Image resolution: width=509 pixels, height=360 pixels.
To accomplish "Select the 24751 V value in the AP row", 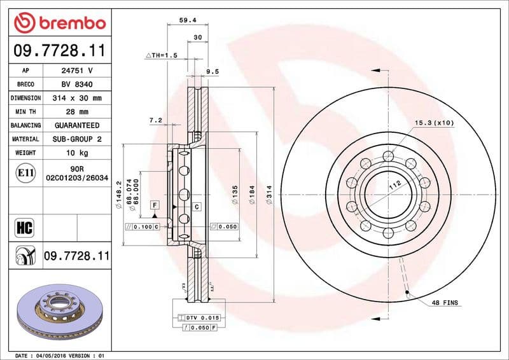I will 76,71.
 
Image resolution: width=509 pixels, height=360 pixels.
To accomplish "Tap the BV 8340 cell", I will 76,85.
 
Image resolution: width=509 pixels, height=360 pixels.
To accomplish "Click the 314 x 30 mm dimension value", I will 76,99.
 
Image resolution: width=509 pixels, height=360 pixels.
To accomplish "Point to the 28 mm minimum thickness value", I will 76,112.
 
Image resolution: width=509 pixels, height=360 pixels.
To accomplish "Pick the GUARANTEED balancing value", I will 76,126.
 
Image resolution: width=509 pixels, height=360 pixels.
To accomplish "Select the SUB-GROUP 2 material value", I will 76,139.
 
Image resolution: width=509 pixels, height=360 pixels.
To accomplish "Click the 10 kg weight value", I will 76,153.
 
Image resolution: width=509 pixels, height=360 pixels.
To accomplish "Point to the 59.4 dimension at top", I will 187,20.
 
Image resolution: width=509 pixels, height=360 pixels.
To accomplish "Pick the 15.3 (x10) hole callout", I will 434,123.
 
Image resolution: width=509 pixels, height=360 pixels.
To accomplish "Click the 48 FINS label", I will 445,303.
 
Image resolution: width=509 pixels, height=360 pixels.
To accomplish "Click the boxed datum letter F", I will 154,204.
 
